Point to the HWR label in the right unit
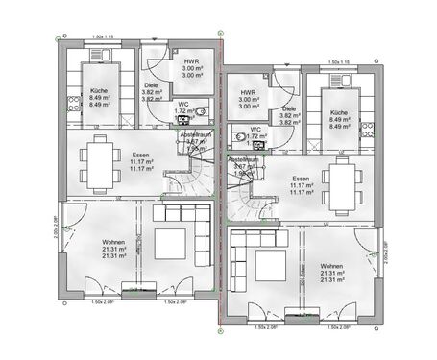(247, 93)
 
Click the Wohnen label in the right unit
(332, 266)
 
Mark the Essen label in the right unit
(301, 179)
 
